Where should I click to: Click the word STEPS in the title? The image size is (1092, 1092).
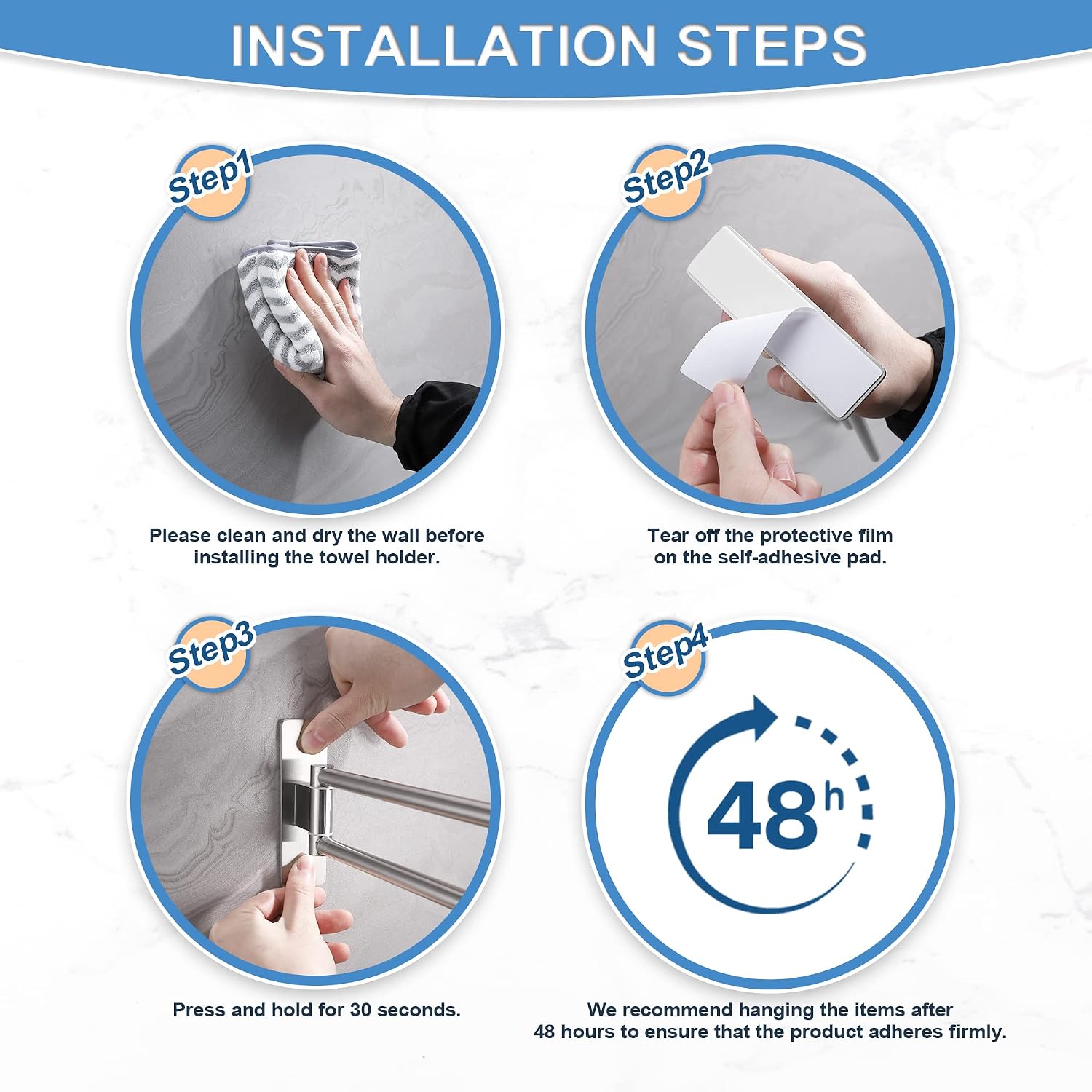[772, 45]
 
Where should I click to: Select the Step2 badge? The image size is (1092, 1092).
[665, 180]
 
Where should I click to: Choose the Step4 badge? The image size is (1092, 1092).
[665, 654]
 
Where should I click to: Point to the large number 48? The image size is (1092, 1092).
[763, 815]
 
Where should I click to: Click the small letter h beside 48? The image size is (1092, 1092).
[834, 797]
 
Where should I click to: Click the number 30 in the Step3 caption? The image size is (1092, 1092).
[361, 1010]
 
